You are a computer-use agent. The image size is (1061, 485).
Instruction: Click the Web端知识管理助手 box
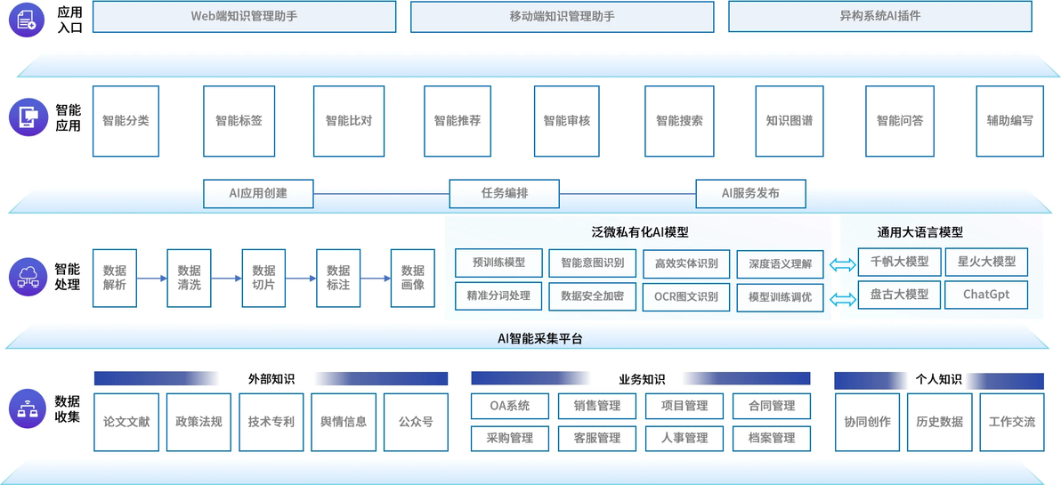pyautogui.click(x=244, y=17)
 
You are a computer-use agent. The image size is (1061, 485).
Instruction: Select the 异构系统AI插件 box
pyautogui.click(x=879, y=17)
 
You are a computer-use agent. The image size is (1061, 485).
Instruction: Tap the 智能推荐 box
pyautogui.click(x=458, y=121)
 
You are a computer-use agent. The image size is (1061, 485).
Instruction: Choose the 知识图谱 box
pyautogui.click(x=789, y=121)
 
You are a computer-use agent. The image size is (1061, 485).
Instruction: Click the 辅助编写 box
pyautogui.click(x=1009, y=121)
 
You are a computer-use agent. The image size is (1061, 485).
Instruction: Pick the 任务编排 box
pyautogui.click(x=505, y=193)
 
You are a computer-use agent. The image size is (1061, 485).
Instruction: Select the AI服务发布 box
pyautogui.click(x=751, y=193)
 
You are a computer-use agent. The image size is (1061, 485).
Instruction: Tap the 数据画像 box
pyautogui.click(x=413, y=278)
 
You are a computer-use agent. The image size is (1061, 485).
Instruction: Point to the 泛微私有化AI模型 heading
pyautogui.click(x=639, y=232)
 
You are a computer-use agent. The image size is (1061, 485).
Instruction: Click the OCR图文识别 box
pyautogui.click(x=686, y=297)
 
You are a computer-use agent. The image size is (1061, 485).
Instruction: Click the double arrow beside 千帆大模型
pyautogui.click(x=843, y=266)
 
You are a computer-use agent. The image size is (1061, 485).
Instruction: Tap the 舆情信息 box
pyautogui.click(x=344, y=422)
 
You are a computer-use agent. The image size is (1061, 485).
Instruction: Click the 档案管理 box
pyautogui.click(x=772, y=438)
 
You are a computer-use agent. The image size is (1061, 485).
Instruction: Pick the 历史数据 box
pyautogui.click(x=939, y=422)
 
